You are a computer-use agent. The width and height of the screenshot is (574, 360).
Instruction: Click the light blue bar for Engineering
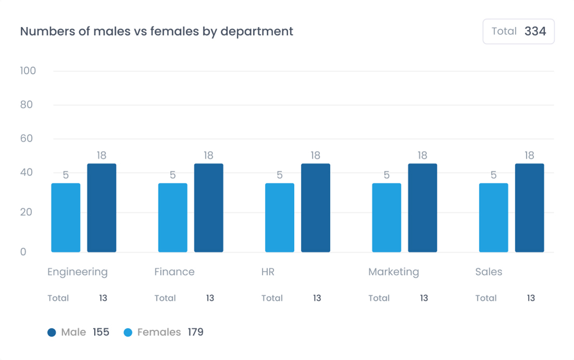[x=66, y=218]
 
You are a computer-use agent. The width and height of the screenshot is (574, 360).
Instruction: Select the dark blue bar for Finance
[x=208, y=208]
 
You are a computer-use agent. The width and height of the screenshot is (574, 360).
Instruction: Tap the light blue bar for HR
[x=280, y=218]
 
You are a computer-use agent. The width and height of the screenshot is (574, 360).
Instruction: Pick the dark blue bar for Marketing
[x=422, y=208]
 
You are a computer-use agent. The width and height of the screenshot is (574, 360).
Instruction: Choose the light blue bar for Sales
[x=493, y=218]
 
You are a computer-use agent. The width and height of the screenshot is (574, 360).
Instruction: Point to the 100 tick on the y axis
[x=28, y=71]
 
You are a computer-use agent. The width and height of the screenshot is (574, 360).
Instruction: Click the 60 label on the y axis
[x=27, y=139]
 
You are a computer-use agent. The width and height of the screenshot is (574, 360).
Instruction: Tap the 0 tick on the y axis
[x=23, y=252]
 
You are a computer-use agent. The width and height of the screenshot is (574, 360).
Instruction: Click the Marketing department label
[x=394, y=272]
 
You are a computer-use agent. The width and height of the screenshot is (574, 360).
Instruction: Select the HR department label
[x=268, y=272]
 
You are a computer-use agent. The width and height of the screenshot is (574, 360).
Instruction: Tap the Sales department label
[x=489, y=272]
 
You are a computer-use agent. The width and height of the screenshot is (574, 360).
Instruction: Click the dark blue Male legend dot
[x=51, y=332]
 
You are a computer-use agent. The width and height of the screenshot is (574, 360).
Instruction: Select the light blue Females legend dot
[x=128, y=332]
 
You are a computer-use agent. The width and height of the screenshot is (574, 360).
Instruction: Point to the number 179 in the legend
[x=195, y=332]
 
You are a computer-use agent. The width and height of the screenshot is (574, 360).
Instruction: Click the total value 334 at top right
[x=535, y=31]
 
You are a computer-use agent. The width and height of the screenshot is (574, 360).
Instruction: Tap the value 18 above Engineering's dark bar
[x=101, y=155]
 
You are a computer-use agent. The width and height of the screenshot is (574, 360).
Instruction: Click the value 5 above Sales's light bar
[x=493, y=175]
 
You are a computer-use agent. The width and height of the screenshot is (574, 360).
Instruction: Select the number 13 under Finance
[x=210, y=298]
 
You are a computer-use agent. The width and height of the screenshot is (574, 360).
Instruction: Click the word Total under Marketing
[x=379, y=298]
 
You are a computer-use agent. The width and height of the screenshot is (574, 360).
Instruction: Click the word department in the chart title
[x=257, y=32]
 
